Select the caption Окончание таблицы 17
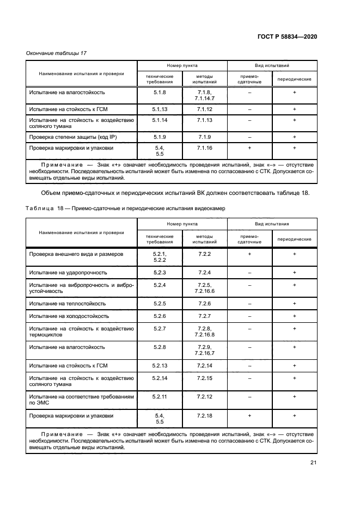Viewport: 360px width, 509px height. tap(56, 53)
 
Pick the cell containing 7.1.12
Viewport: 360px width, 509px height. tap(204, 109)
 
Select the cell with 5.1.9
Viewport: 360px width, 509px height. tap(160, 137)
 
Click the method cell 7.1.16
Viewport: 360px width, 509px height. tap(204, 147)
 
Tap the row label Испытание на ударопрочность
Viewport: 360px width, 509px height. tap(68, 272)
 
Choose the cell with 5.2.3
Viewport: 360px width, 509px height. tap(160, 272)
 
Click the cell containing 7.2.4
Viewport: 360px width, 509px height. tap(204, 272)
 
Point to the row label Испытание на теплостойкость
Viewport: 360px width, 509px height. tap(68, 303)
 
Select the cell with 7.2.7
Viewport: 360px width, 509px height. tap(204, 316)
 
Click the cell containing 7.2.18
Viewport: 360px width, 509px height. tap(204, 415)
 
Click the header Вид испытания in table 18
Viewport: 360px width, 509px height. tap(272, 223)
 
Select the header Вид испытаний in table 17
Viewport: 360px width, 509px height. tap(272, 65)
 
